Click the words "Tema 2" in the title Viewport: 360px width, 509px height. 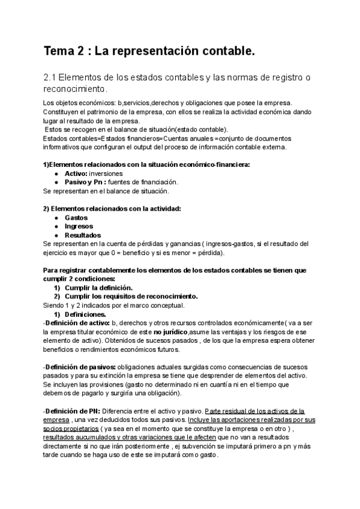(64, 52)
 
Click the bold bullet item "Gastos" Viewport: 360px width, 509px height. (76, 217)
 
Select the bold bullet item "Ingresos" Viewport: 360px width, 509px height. (79, 226)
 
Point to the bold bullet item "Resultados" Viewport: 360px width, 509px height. (83, 235)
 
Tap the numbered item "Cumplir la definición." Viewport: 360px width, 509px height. (98, 288)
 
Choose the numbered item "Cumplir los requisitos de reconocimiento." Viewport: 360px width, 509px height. (131, 296)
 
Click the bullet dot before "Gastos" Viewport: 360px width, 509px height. (56, 217)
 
